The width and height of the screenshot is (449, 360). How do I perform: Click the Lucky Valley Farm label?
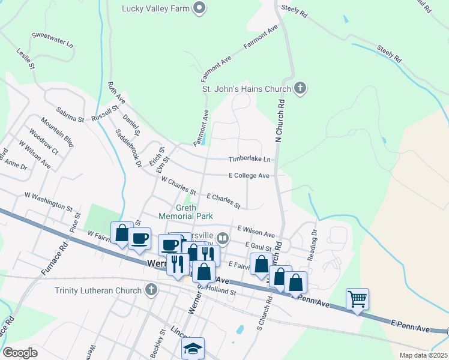pos(155,8)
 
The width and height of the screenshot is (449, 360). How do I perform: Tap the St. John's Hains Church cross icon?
pos(301,89)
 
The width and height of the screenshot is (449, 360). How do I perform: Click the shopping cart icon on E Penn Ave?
pos(357,298)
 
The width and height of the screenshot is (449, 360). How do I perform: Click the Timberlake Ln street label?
pos(250,160)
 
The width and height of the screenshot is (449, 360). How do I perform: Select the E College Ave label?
pos(249,176)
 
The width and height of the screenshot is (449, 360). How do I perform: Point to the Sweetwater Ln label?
pos(52,40)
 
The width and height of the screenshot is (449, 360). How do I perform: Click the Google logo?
pos(20,352)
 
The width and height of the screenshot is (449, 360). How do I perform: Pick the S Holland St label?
pos(216,290)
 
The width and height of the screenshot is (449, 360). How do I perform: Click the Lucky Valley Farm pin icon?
pos(200,8)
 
